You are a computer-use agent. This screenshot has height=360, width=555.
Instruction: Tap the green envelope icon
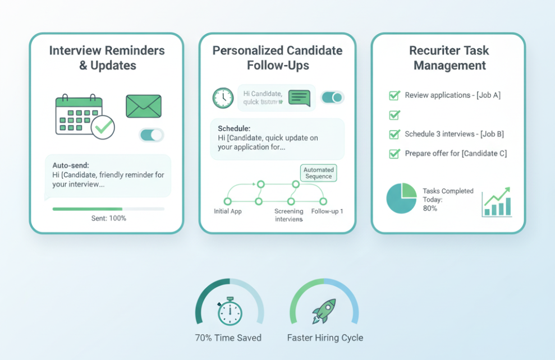pos(144,106)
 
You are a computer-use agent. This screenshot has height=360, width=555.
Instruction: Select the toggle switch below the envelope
pos(152,135)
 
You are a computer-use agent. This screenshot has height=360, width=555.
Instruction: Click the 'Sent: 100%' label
pos(108,218)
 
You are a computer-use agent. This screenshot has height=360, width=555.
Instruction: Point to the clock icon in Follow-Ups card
pos(223,98)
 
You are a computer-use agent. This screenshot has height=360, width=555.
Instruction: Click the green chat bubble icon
pos(299,98)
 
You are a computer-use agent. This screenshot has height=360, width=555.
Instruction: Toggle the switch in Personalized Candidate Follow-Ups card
pos(332,98)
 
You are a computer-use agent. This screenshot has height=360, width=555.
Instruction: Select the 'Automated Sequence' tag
pos(318,173)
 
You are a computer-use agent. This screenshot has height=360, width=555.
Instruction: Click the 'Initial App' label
pos(228,211)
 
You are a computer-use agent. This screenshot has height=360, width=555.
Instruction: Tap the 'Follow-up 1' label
pos(327,211)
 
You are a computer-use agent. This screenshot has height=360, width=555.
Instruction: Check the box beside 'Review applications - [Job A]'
pos(395,95)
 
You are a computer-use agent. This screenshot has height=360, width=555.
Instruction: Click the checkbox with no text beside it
pos(395,115)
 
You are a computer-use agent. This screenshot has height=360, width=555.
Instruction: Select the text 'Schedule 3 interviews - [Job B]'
pos(454,134)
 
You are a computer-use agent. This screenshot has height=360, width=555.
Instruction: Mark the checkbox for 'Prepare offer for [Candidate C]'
pos(395,153)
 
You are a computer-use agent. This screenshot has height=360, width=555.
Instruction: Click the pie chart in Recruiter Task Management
pos(401,199)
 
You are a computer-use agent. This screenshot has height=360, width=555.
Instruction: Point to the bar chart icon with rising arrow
pos(497,202)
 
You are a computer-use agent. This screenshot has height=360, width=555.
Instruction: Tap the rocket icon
pos(324,311)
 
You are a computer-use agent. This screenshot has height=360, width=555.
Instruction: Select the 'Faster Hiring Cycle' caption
pos(325,338)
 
